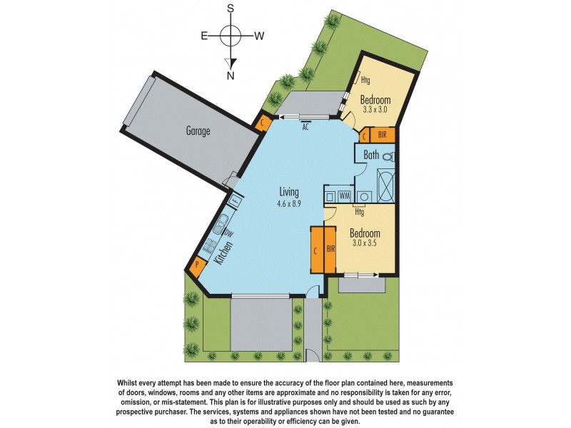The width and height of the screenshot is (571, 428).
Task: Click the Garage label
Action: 198,131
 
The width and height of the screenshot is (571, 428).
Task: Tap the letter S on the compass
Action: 231,9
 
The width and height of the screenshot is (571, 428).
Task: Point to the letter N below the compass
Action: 231,76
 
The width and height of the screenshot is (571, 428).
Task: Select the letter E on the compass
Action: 204,35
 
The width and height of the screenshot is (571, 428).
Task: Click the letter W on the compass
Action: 260,35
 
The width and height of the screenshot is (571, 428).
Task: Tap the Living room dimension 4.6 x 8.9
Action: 289,203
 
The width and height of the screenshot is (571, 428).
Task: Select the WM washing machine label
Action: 344,195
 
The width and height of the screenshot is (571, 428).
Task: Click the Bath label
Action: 371,155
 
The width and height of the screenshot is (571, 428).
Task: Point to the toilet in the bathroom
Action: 388,156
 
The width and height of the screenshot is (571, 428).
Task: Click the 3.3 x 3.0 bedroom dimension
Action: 375,111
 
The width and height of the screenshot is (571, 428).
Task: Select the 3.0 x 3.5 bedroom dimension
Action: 364,243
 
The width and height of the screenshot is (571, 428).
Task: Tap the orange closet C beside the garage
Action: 263,123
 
